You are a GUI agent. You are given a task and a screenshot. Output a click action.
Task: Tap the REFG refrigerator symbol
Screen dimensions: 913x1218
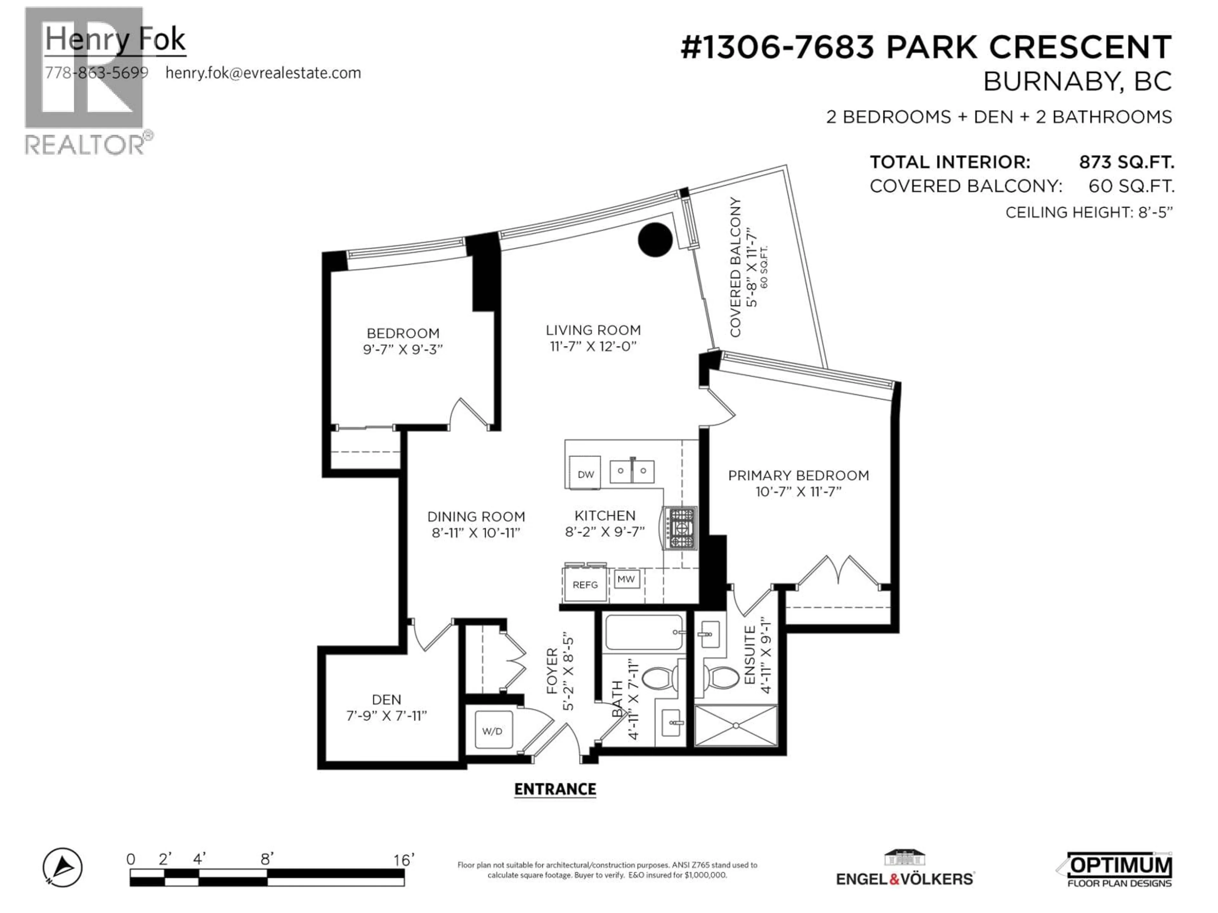585,585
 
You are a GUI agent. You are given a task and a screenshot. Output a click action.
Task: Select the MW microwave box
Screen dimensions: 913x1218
626,579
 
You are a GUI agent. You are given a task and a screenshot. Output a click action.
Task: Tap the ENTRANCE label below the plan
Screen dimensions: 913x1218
555,789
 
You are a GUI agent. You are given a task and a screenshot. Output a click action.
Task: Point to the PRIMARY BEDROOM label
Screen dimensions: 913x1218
798,476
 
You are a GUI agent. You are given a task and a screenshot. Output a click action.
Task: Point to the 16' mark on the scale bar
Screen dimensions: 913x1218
403,860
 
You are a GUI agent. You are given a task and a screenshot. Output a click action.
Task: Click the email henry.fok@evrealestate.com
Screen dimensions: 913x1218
263,73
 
